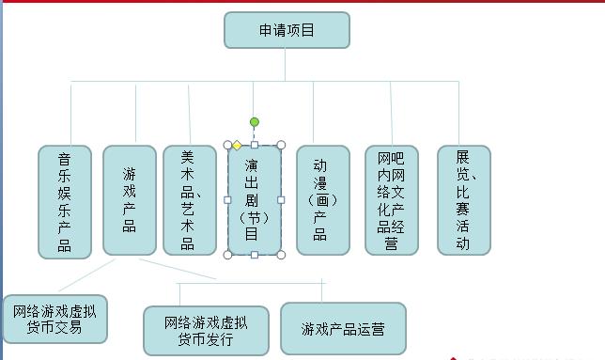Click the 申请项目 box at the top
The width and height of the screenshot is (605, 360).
[287, 30]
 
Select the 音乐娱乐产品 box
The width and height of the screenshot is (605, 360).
[64, 201]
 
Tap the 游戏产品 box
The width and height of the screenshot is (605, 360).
[129, 199]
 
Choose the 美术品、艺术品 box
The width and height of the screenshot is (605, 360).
[189, 199]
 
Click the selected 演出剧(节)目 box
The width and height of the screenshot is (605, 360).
[254, 200]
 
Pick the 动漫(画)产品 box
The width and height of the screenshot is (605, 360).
[322, 199]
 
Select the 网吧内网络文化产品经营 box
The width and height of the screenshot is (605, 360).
[391, 199]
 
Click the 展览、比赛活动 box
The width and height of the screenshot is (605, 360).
[463, 199]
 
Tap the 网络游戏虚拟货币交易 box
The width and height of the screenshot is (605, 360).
[54, 320]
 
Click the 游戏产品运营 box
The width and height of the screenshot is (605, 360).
[343, 329]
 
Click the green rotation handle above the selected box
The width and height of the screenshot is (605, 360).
[254, 121]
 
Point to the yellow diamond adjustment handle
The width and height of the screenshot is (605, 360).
[237, 145]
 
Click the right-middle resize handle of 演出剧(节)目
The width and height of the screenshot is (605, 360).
[281, 199]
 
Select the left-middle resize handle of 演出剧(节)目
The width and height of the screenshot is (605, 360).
[226, 199]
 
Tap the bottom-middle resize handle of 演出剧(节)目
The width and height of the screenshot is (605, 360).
[254, 255]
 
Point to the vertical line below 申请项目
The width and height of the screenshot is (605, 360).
[286, 64]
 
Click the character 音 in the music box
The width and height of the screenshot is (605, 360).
[64, 159]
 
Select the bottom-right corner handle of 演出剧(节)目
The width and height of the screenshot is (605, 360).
[281, 255]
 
